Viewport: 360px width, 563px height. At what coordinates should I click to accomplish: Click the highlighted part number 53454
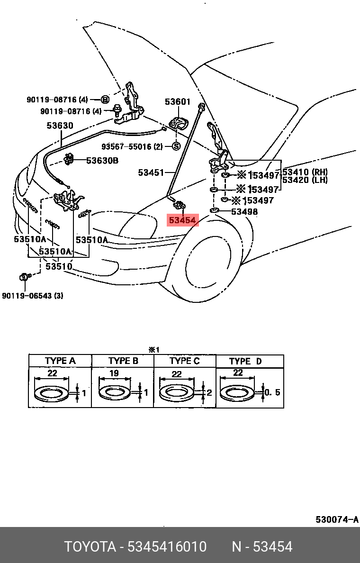coord(183,220)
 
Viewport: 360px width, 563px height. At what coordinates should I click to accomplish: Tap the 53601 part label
coord(178,101)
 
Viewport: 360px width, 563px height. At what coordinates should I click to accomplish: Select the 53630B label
coord(102,161)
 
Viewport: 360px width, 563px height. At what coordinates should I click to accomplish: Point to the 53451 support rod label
coord(151,173)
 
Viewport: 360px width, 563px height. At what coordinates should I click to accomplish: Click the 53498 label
coord(244,211)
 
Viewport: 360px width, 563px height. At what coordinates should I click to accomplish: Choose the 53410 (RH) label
coord(305,172)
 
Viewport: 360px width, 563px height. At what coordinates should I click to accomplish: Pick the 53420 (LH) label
coord(305,180)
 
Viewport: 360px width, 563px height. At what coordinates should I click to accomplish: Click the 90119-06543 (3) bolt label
coord(33,296)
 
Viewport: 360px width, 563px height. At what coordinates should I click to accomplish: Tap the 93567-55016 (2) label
coord(132,146)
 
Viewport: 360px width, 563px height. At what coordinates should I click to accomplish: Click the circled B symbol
coord(105,100)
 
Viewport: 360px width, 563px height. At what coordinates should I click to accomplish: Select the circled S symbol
coord(176,146)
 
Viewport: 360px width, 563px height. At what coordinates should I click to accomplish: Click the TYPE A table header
coord(60,361)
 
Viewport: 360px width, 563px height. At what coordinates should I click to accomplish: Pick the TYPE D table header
coord(245,361)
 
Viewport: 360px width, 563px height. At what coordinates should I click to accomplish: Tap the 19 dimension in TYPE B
coord(114,373)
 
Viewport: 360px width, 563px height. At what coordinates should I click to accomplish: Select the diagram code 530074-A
coord(337,519)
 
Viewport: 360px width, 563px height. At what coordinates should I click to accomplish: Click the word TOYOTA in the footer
coord(90,547)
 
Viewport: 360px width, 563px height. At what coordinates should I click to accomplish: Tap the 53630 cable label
coord(60,126)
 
